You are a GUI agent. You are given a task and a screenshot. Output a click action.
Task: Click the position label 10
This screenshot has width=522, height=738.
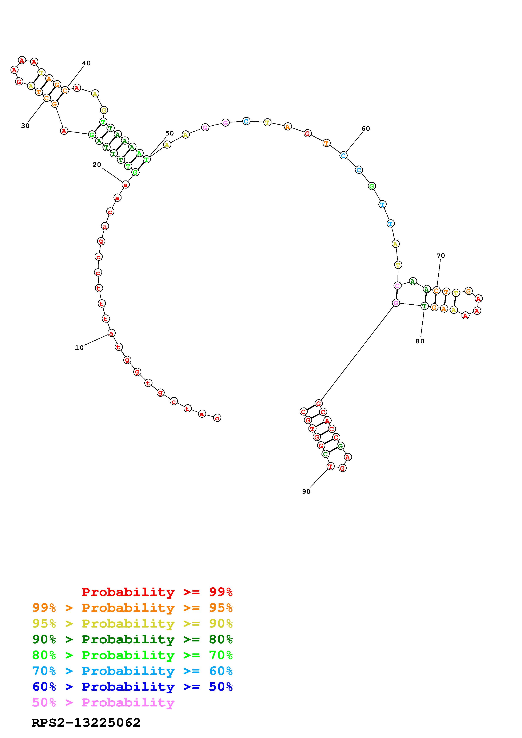[79, 348]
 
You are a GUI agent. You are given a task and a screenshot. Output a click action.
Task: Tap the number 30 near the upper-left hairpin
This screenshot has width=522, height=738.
[25, 126]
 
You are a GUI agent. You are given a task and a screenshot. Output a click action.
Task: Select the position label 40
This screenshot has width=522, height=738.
[86, 63]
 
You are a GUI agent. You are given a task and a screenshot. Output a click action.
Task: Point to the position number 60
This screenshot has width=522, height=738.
[366, 129]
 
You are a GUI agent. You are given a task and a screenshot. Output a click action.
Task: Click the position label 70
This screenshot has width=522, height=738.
[441, 256]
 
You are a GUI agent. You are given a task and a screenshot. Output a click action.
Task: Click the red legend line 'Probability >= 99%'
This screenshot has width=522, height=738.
[157, 592]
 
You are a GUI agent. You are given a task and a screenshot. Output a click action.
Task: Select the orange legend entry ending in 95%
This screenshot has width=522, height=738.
[132, 608]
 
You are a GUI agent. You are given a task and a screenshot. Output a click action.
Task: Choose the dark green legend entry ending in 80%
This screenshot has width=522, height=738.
[132, 639]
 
